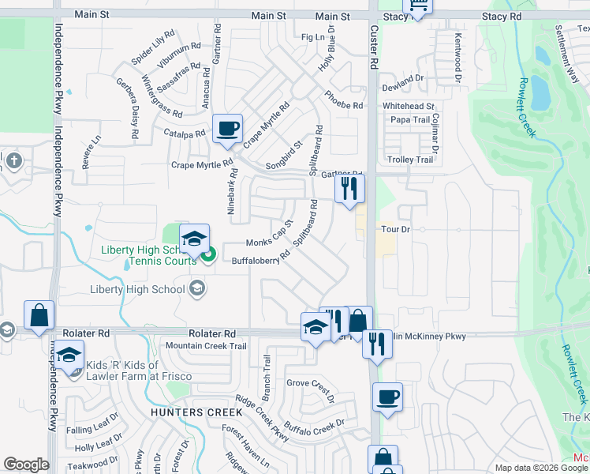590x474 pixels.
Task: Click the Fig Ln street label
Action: tap(313, 37)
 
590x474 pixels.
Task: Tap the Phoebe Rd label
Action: tap(343, 100)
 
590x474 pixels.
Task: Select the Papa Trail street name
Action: tap(410, 120)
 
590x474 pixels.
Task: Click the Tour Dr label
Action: tap(397, 229)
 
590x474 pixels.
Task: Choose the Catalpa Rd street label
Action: tap(185, 134)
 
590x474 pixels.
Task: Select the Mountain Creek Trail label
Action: tap(206, 346)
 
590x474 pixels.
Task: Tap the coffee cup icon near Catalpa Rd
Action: tap(227, 127)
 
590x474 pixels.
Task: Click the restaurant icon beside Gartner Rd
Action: tap(349, 187)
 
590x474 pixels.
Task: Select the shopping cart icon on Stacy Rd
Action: tap(417, 7)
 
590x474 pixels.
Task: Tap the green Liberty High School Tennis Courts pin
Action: tap(208, 254)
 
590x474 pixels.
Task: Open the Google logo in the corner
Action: tap(26, 465)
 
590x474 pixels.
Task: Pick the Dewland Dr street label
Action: tap(403, 79)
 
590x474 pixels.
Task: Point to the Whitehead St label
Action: tap(409, 106)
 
